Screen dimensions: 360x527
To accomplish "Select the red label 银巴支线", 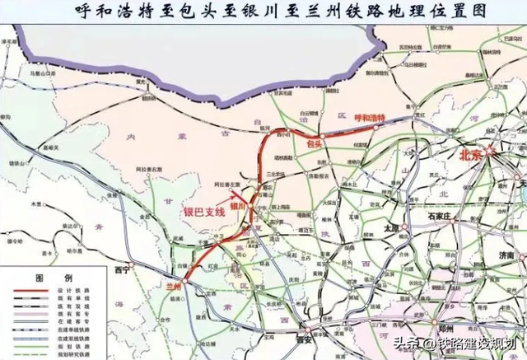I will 203,211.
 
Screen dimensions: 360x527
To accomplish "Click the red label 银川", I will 237,206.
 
